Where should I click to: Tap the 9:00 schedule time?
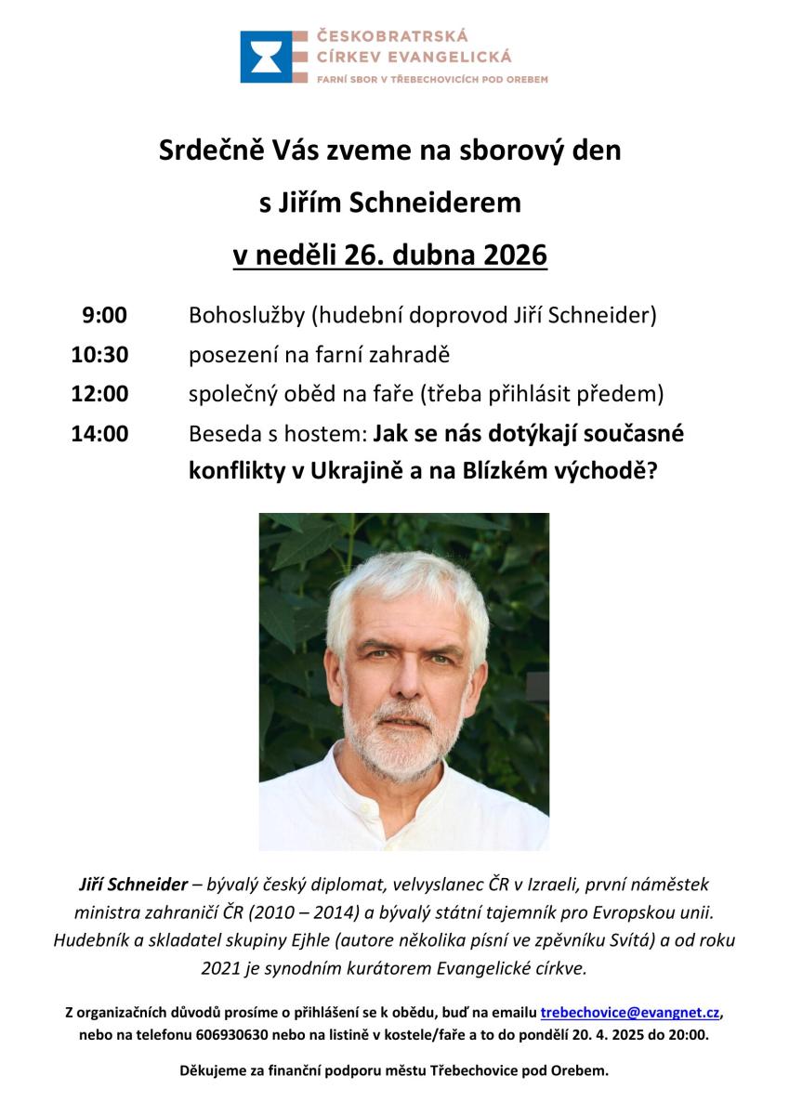104,316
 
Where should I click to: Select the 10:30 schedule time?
99,354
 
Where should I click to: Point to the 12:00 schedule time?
99,393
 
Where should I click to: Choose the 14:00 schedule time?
99,433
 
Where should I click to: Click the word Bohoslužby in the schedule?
246,316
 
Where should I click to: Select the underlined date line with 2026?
390,254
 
